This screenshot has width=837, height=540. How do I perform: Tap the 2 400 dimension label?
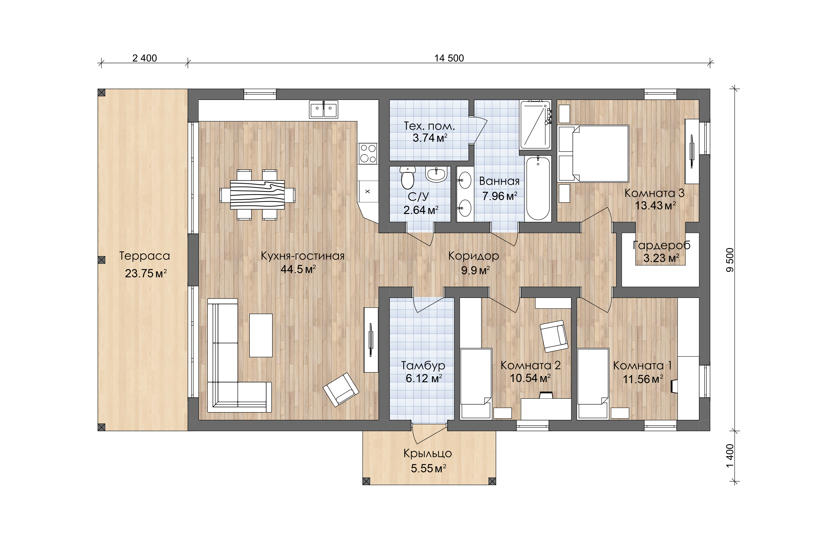tap(144, 58)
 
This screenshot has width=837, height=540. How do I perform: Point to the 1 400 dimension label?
tap(730, 456)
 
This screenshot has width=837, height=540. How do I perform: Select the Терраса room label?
tap(144, 256)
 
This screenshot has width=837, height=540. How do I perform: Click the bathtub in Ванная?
tap(538, 188)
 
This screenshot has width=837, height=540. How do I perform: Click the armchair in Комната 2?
tap(554, 336)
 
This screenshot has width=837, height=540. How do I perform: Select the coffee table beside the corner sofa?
tap(261, 335)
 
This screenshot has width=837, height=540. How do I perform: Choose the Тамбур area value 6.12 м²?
tap(424, 378)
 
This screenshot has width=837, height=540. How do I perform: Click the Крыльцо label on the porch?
tap(428, 453)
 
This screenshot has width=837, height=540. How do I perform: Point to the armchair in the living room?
tap(341, 390)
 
